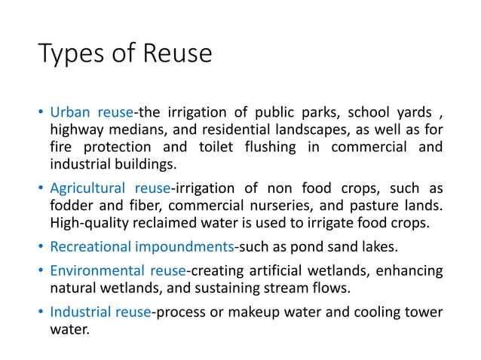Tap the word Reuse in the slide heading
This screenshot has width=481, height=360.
pos(175,53)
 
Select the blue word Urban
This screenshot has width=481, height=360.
pos(69,114)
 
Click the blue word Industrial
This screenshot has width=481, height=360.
pos(80,311)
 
